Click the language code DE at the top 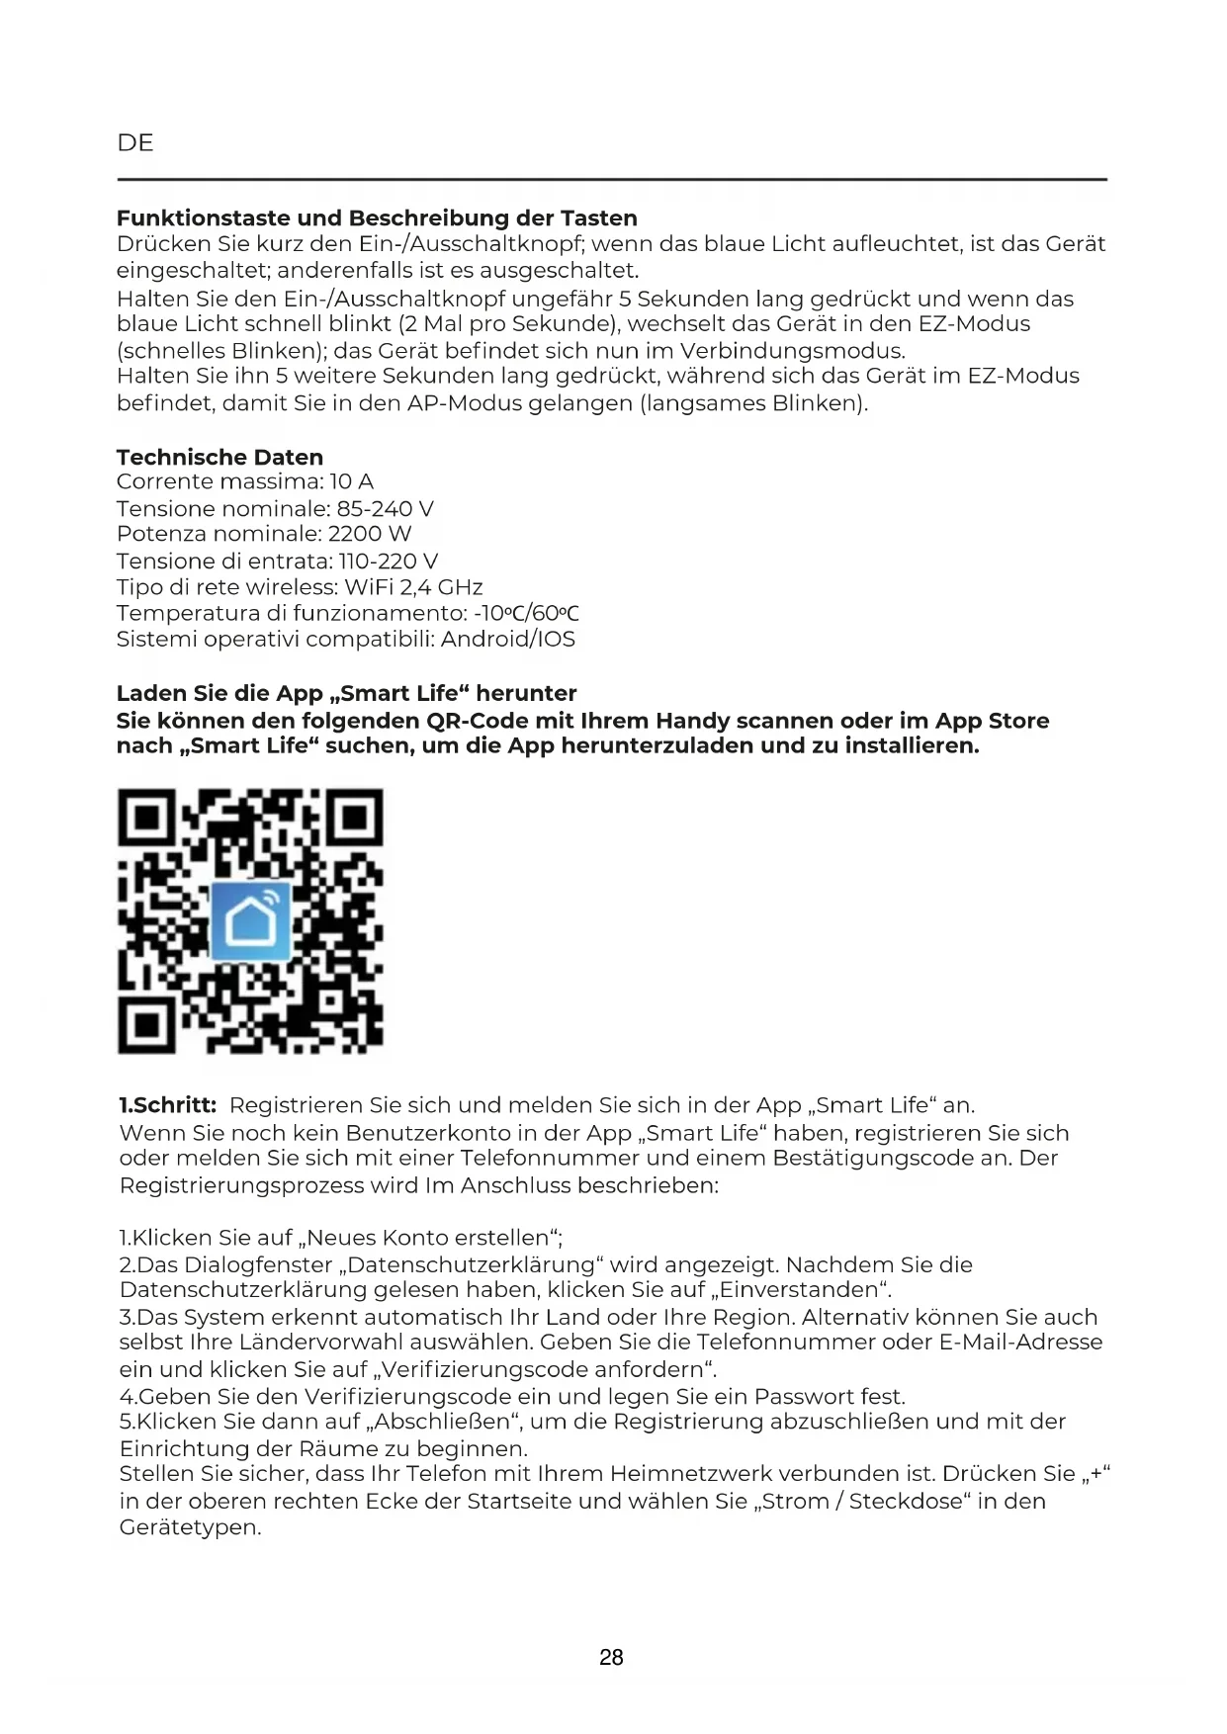click(x=135, y=143)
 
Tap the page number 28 click(x=611, y=1658)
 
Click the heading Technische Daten click(x=219, y=457)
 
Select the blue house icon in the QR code click(x=251, y=920)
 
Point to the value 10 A click(x=352, y=481)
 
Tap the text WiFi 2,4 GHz click(x=413, y=587)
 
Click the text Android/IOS click(x=508, y=639)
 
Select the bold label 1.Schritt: click(x=168, y=1105)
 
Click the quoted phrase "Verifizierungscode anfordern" click(x=543, y=1370)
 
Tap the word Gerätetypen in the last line click(x=190, y=1527)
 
